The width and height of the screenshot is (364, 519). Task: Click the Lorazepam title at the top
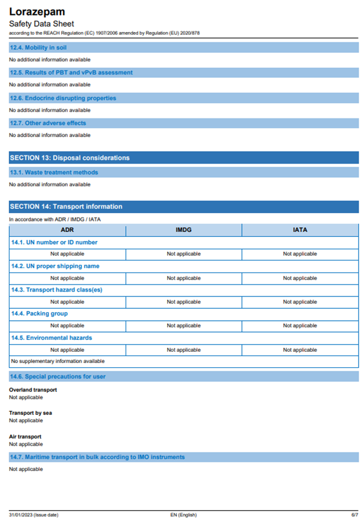tap(37, 11)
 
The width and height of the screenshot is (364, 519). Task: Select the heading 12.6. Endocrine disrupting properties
tap(62, 98)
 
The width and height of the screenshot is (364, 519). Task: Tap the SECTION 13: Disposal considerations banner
tap(70, 158)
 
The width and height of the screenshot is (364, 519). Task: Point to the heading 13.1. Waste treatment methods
tap(54, 172)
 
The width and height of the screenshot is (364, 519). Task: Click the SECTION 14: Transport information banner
tap(66, 207)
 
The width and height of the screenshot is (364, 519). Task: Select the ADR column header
tap(67, 230)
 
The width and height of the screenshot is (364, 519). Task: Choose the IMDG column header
tap(183, 230)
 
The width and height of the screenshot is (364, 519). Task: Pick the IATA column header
tap(300, 230)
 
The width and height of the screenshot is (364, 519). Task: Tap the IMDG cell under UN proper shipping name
tap(183, 278)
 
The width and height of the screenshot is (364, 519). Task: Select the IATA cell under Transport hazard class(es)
tap(300, 302)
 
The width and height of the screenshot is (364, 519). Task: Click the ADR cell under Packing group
tap(67, 326)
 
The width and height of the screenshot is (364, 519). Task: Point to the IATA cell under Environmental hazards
tap(300, 350)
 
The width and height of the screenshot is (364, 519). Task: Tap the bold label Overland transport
tap(33, 390)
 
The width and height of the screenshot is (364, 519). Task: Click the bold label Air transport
tap(25, 436)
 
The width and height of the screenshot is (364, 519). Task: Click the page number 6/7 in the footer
tap(354, 514)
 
